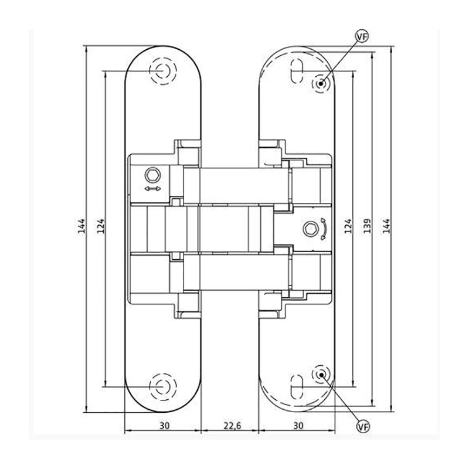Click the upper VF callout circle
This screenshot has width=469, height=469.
362,36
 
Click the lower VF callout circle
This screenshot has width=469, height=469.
363,426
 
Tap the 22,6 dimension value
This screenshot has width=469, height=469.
232,426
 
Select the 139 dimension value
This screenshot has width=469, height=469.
368,226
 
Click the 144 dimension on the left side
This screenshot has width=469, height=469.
81,226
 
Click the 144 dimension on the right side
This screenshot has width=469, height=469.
386,226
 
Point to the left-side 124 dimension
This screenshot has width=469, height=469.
100,226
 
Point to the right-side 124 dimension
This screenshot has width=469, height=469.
348,226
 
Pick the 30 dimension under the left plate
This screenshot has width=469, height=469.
165,426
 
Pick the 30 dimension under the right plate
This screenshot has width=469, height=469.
298,426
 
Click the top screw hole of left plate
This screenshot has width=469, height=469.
163,71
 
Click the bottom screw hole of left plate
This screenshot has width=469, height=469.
163,387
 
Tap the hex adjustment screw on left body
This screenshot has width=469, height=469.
153,175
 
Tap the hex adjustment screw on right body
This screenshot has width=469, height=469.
310,229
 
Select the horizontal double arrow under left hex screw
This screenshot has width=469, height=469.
152,189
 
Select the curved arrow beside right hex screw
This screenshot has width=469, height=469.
324,229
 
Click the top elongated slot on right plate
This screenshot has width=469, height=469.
297,71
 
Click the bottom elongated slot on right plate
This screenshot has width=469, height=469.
297,386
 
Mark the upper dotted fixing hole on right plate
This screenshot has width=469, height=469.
321,83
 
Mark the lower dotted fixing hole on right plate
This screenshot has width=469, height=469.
321,375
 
